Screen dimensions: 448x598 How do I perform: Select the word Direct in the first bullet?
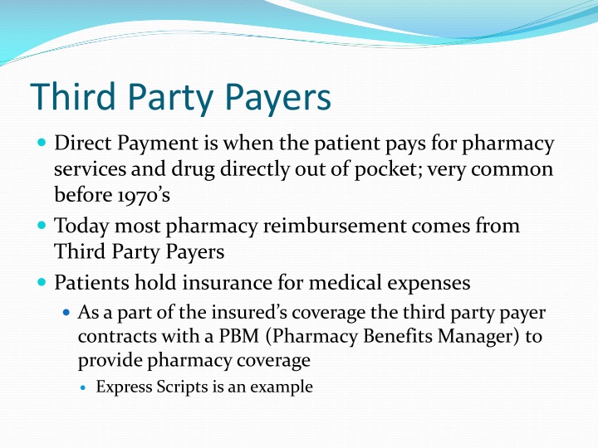point(80,144)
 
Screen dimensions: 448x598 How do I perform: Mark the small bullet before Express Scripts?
point(86,387)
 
